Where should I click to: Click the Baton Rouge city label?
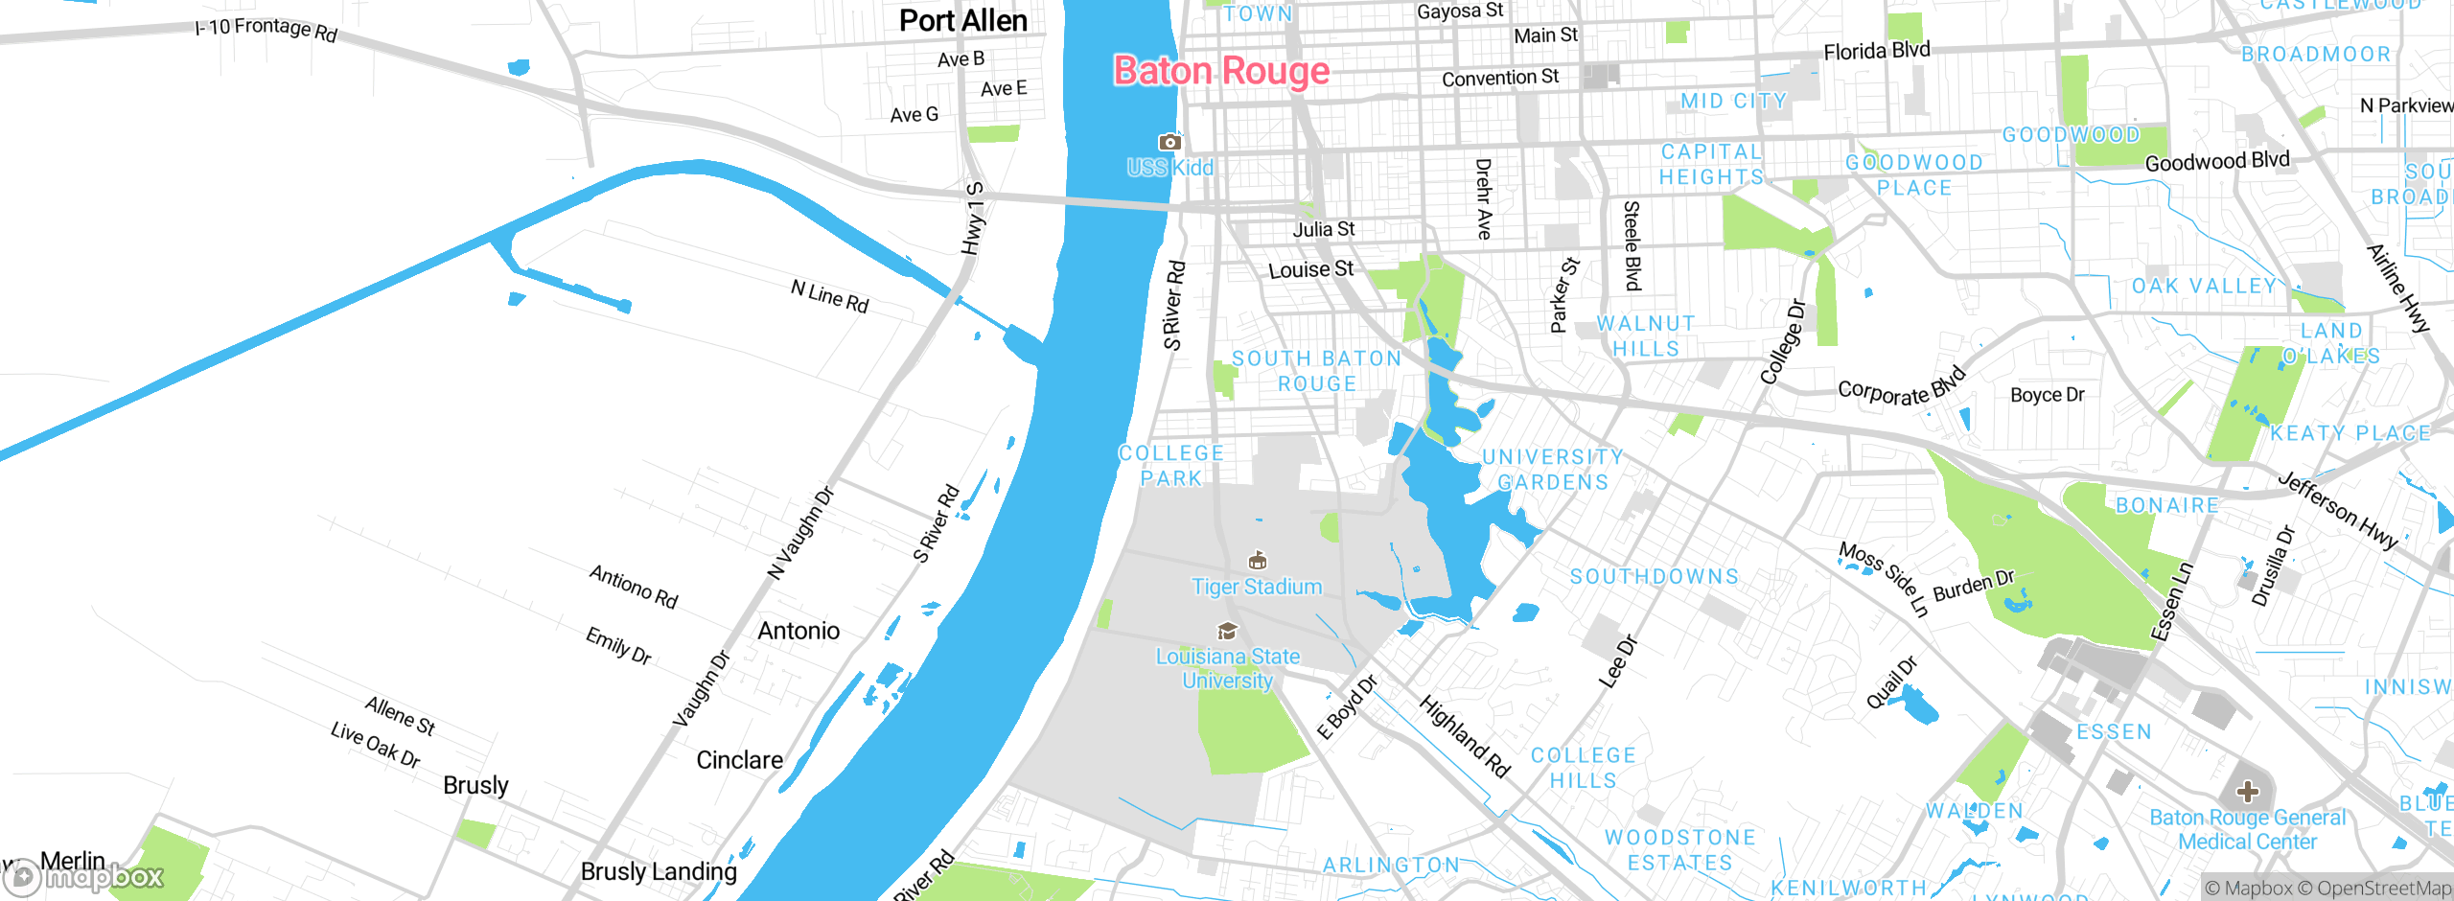[x=1221, y=72]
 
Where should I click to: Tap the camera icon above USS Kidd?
[x=1169, y=143]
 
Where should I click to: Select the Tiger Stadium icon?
[x=1258, y=560]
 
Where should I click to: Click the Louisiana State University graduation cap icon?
[x=1227, y=631]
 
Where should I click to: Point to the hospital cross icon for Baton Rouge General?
[x=2247, y=792]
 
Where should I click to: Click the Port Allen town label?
[x=962, y=21]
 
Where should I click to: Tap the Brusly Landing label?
[x=659, y=871]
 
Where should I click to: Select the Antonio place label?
[x=799, y=631]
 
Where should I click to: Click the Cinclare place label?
[x=739, y=760]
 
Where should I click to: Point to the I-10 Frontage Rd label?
[x=266, y=29]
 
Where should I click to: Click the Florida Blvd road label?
[x=1876, y=51]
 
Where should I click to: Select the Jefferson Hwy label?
[x=2336, y=510]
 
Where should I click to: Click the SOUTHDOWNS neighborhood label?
[x=1654, y=577]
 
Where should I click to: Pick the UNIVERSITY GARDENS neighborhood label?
[x=1553, y=470]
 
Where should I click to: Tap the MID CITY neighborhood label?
[x=1733, y=102]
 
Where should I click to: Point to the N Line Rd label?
[x=829, y=296]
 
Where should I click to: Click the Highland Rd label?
[x=1464, y=736]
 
